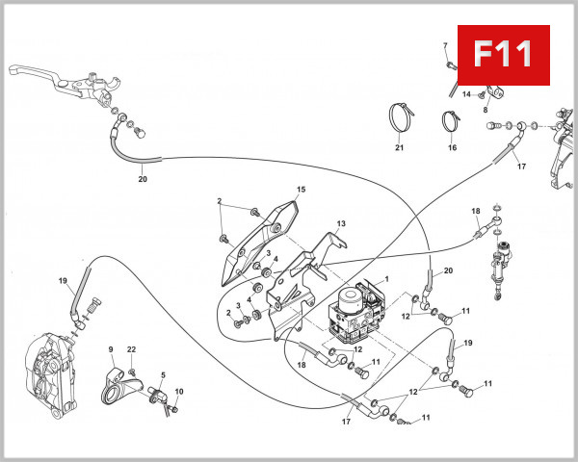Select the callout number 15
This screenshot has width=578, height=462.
[x=301, y=190]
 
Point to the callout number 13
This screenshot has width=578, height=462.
[x=340, y=223]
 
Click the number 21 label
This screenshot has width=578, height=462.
[x=399, y=148]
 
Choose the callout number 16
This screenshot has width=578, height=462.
[x=452, y=148]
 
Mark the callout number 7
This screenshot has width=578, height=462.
[x=446, y=47]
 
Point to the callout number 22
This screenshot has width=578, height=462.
[x=132, y=348]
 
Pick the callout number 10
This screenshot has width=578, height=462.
[x=178, y=391]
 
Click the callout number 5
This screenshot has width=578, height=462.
[x=163, y=375]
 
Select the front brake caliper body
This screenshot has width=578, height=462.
[x=46, y=365]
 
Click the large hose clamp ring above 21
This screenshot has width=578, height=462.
[x=404, y=118]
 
